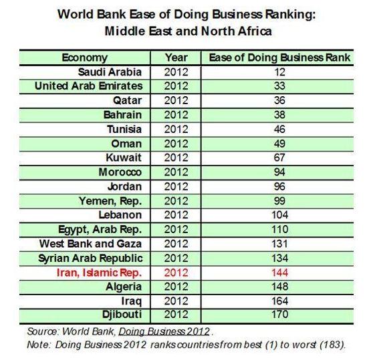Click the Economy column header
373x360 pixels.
pos(85,57)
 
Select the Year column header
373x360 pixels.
pos(176,57)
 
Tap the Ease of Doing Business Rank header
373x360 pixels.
pos(279,57)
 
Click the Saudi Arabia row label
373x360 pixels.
pos(110,72)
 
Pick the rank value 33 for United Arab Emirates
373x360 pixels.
pos(279,86)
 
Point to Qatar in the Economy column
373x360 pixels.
pos(127,100)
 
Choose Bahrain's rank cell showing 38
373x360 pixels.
pos(279,115)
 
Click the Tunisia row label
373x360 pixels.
pos(124,130)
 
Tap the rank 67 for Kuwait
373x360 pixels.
pos(279,158)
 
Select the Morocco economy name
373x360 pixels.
pos(120,172)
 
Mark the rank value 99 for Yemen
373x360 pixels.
pos(279,201)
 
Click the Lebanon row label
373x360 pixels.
pos(120,215)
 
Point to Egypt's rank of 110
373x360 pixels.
pos(279,229)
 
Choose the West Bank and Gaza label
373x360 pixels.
pos(90,244)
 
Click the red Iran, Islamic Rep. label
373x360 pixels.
pos(99,273)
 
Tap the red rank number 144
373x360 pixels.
pos(279,273)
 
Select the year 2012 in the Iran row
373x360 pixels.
pos(176,273)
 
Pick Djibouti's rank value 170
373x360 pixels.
pos(279,314)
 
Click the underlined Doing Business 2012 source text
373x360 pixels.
pos(164,331)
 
